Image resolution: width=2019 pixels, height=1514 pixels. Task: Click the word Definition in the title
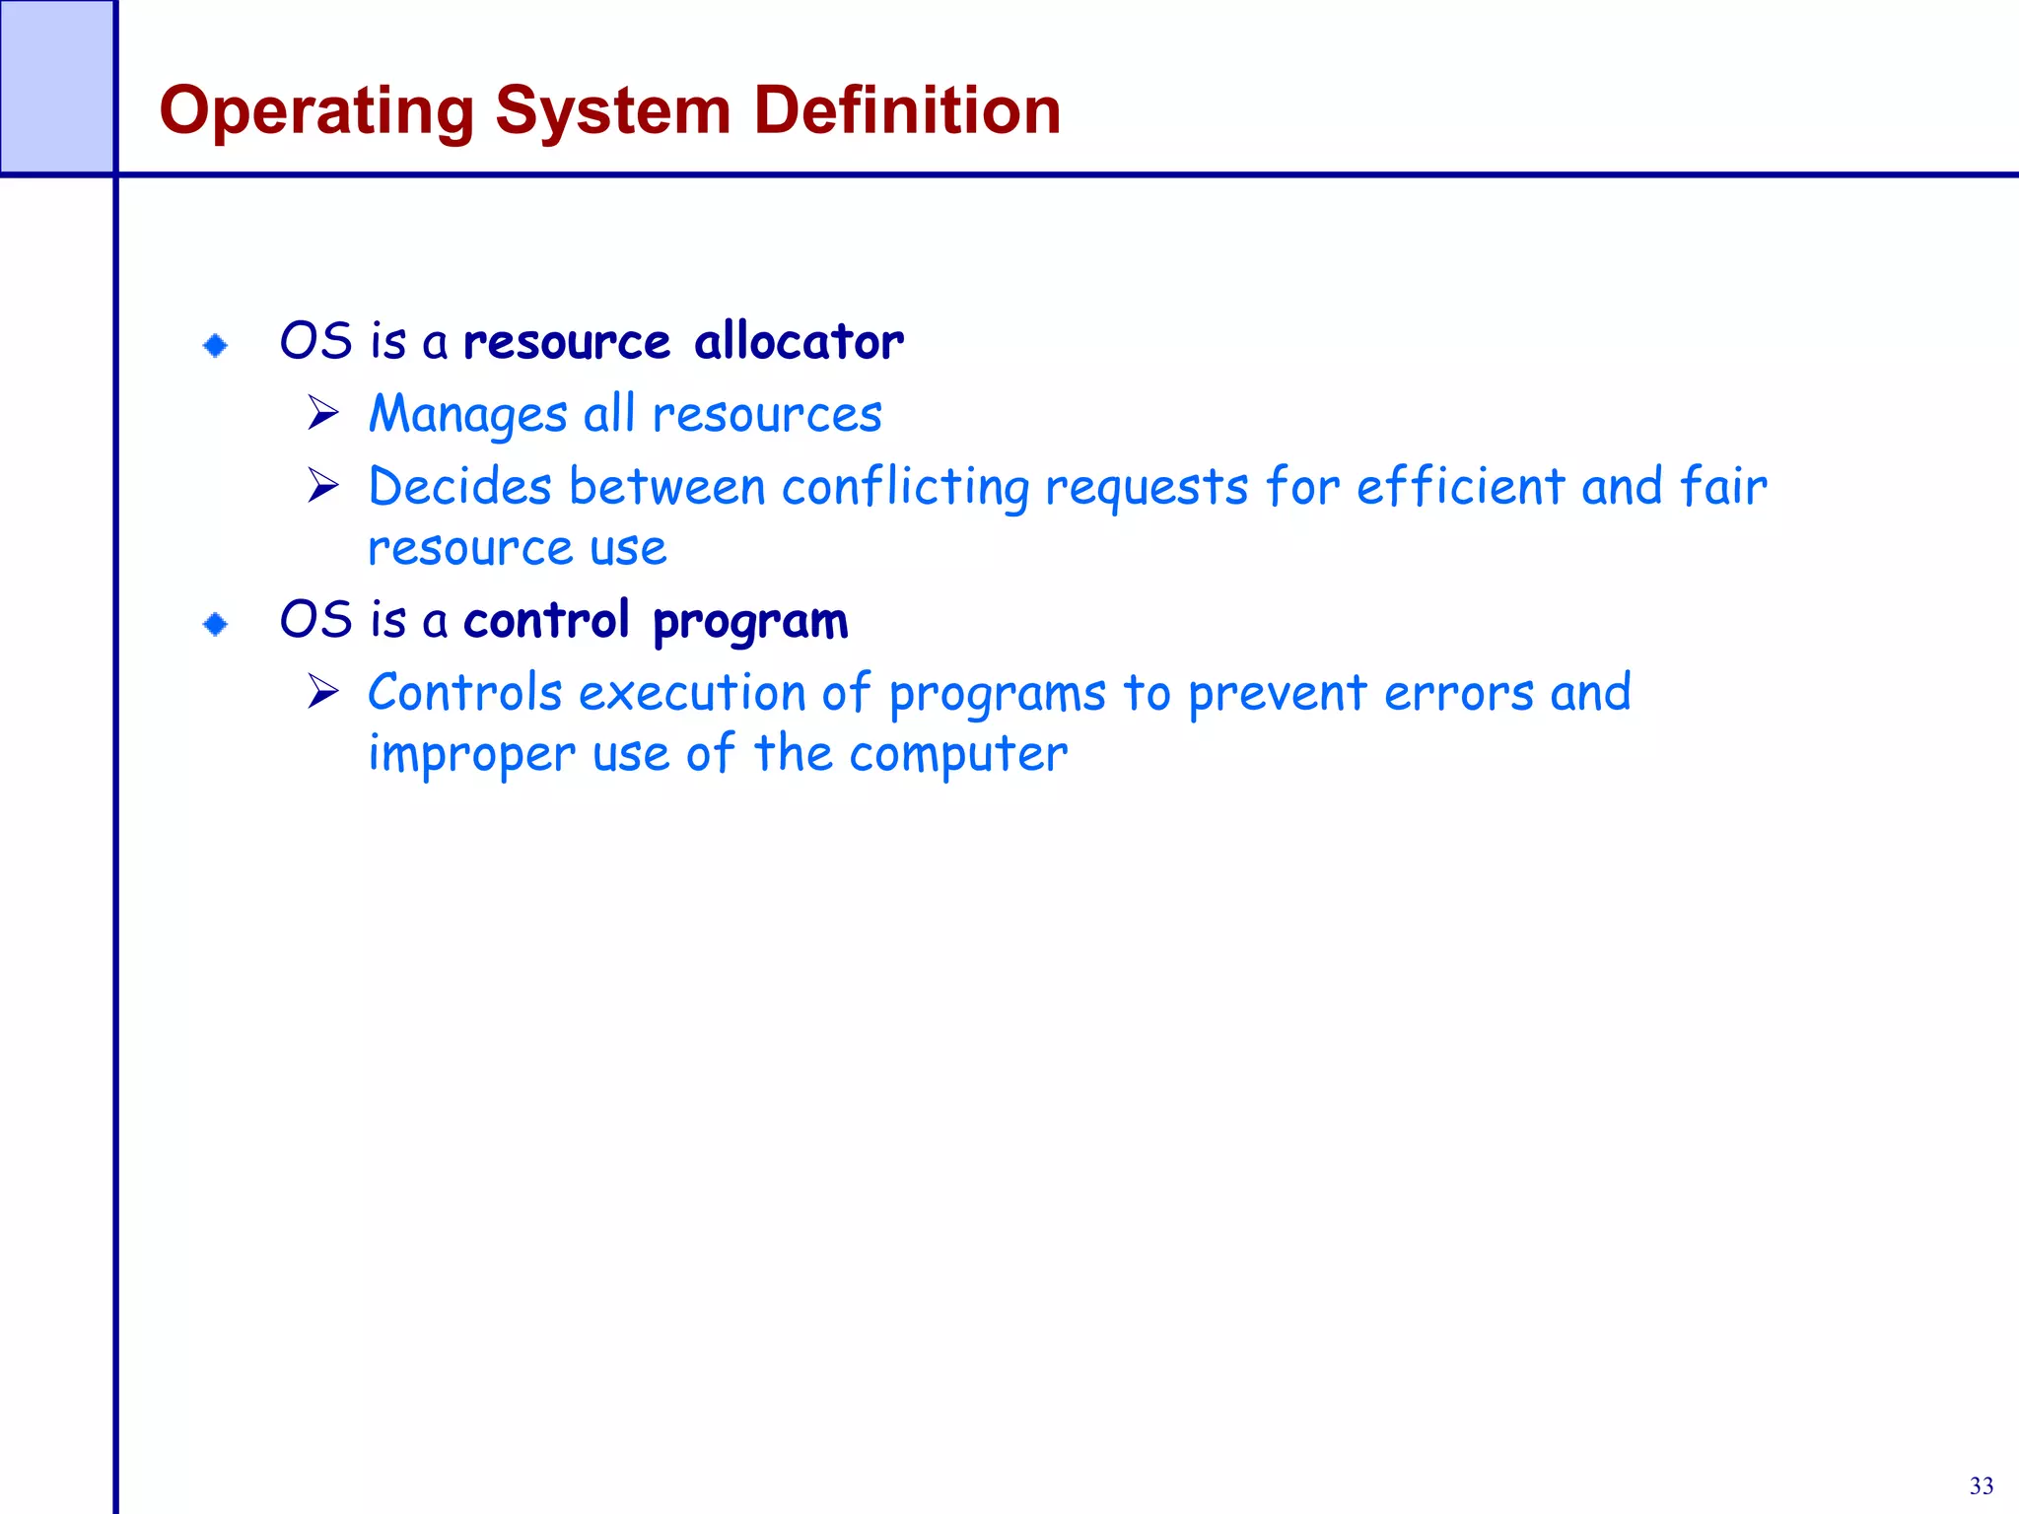click(907, 110)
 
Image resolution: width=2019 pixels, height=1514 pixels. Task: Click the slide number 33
click(1981, 1485)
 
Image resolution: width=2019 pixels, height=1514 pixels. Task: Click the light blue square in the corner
click(56, 87)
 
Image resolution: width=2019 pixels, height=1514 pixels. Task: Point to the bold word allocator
click(799, 342)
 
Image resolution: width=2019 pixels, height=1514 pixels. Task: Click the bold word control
click(546, 621)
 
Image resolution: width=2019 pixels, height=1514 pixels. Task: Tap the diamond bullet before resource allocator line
click(215, 345)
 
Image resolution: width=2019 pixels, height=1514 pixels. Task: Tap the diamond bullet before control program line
click(215, 624)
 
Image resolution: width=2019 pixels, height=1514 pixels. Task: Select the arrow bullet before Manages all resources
click(322, 413)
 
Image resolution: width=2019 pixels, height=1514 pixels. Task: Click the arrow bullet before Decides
click(322, 485)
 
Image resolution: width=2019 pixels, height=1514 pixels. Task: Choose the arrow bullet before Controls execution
click(322, 691)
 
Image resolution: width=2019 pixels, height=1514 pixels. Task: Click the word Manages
click(467, 415)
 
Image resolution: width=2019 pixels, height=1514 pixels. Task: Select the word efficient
click(1460, 486)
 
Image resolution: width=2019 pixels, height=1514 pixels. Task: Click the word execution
click(692, 693)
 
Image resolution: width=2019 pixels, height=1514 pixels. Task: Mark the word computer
click(958, 755)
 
